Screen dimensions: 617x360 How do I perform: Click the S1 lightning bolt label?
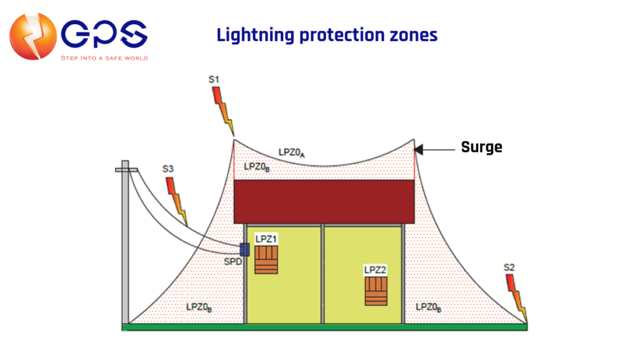(214, 80)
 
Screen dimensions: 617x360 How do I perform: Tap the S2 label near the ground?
(509, 268)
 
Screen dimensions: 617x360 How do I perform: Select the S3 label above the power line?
(168, 169)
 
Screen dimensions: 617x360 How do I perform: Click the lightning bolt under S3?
(177, 201)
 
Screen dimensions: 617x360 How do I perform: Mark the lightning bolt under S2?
(516, 297)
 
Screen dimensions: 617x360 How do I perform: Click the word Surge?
(481, 147)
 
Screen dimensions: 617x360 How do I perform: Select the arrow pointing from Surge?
(434, 150)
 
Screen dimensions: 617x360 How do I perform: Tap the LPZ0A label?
(292, 153)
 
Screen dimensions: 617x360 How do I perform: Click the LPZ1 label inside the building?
(266, 239)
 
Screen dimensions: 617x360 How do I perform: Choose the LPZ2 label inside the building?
(375, 270)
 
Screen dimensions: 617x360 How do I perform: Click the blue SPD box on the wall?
(245, 250)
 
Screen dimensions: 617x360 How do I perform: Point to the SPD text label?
(233, 262)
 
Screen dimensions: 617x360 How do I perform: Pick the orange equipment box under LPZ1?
(266, 260)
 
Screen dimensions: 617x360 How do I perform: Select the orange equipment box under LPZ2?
(376, 291)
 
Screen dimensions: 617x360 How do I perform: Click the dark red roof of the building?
(324, 201)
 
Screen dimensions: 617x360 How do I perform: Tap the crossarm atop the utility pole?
(127, 170)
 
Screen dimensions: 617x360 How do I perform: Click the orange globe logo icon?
(33, 36)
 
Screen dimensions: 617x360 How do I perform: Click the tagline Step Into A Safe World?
(104, 58)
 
